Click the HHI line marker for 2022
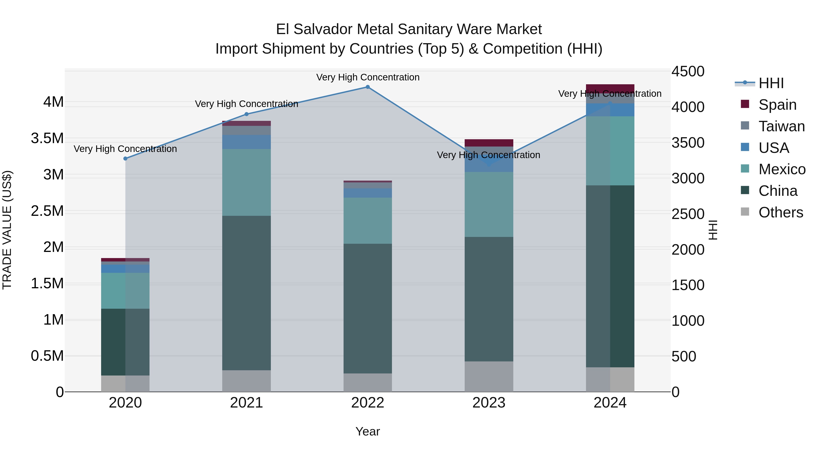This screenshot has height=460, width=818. pyautogui.click(x=368, y=87)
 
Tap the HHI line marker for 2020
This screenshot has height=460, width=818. pyautogui.click(x=125, y=158)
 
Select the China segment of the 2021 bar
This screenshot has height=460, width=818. pyautogui.click(x=246, y=293)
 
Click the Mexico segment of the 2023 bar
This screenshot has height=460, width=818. pyautogui.click(x=489, y=204)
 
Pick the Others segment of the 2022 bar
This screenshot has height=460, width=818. pyautogui.click(x=368, y=382)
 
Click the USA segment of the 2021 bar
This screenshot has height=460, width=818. pyautogui.click(x=246, y=142)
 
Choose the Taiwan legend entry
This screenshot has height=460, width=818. pyautogui.click(x=781, y=126)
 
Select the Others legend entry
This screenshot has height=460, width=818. pyautogui.click(x=781, y=212)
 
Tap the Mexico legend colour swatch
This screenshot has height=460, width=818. pyautogui.click(x=745, y=169)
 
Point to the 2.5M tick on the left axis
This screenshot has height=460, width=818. pyautogui.click(x=47, y=211)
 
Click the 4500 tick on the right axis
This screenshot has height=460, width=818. pyautogui.click(x=688, y=71)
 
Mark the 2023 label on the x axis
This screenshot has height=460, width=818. pyautogui.click(x=489, y=403)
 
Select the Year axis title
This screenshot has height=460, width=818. pyautogui.click(x=367, y=431)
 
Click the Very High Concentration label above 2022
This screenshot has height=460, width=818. pyautogui.click(x=368, y=77)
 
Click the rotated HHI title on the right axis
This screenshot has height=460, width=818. pyautogui.click(x=713, y=230)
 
